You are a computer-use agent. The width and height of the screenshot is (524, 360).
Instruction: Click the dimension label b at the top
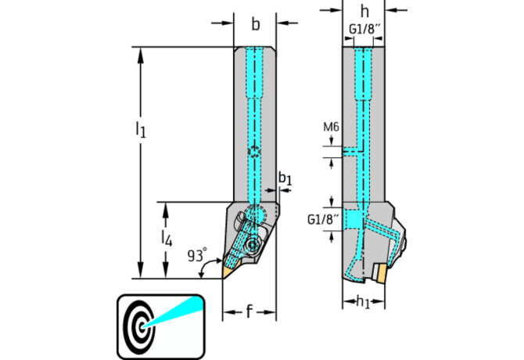click(255, 24)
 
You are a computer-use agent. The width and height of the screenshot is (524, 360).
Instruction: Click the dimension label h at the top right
click(364, 11)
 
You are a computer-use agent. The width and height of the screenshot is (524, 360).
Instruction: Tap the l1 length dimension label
click(140, 128)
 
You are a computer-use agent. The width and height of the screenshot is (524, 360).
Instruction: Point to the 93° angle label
click(198, 255)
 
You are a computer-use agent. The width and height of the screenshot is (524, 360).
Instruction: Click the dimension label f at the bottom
click(249, 313)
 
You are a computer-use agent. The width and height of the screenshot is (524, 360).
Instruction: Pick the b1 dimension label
click(286, 179)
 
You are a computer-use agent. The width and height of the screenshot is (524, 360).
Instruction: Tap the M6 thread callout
click(330, 127)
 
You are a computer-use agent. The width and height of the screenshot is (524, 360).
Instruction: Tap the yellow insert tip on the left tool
click(228, 270)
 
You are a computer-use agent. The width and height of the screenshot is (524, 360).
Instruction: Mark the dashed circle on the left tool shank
click(254, 150)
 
